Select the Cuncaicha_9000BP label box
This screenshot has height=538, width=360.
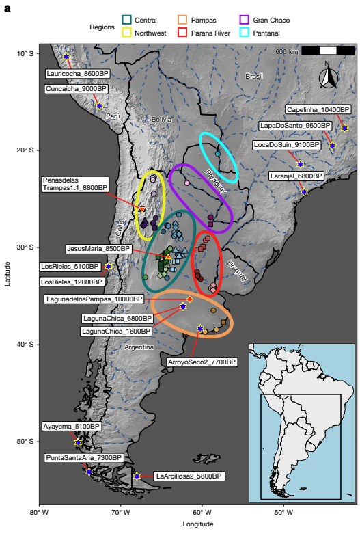77,89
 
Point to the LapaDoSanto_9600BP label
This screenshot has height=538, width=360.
305,126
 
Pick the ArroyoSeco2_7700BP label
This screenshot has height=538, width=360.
203,362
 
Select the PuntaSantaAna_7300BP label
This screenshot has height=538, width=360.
83,457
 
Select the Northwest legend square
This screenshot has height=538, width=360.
127,33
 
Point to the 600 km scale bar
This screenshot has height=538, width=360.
328,51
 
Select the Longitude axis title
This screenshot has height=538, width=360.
197,524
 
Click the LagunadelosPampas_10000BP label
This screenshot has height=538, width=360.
94,299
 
